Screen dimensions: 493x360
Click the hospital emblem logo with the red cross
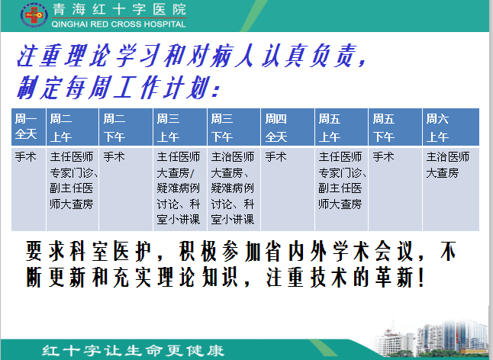[34, 14]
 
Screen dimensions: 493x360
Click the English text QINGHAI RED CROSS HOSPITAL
[118, 24]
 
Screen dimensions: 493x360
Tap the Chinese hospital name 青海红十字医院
[119, 9]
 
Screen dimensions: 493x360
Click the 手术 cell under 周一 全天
[26, 156]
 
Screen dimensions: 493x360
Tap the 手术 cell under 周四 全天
[275, 156]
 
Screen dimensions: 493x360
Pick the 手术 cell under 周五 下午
[383, 156]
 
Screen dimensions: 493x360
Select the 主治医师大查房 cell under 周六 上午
[448, 165]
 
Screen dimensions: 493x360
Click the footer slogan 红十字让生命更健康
[133, 351]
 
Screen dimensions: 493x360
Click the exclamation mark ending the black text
[421, 278]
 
